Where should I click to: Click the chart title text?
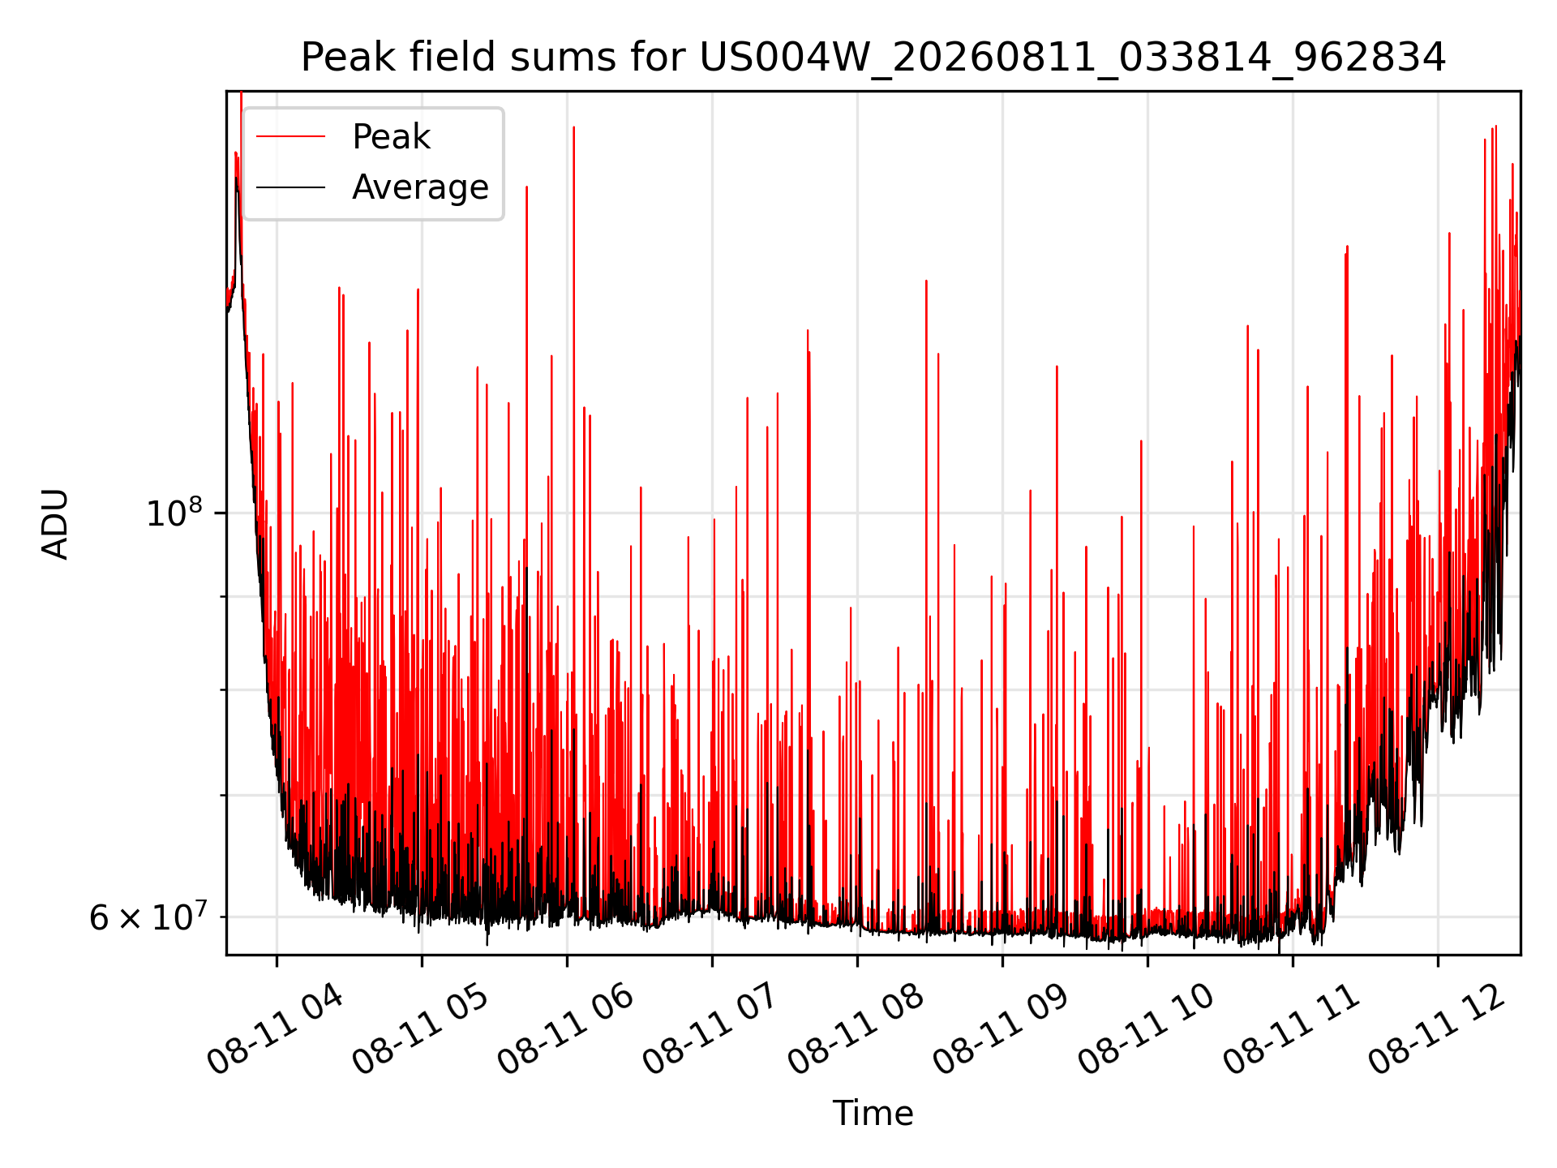tap(873, 58)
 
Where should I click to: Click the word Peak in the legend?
tap(391, 137)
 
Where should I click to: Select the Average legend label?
tap(420, 187)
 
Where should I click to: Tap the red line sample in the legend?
tap(290, 137)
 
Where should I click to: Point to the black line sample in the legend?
tap(290, 187)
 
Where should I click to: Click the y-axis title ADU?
tap(55, 523)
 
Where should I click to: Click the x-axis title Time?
tap(873, 1114)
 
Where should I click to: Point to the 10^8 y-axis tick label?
tap(174, 513)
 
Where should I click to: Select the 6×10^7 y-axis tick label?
tap(147, 917)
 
